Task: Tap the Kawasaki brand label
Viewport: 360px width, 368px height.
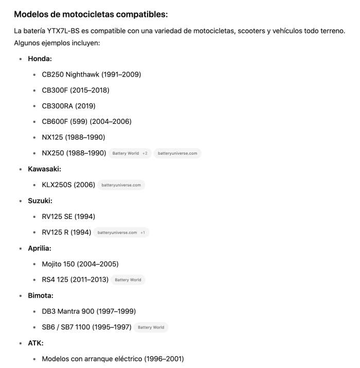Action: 44,169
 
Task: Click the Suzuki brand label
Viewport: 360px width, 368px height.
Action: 41,200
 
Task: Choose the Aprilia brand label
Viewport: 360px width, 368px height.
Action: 40,248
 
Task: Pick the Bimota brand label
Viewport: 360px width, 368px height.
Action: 41,296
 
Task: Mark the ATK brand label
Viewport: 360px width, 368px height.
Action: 35,343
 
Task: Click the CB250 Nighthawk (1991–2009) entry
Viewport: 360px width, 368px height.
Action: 91,75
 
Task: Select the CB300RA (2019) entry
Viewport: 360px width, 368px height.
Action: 68,106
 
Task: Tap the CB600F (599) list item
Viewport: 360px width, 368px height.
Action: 86,121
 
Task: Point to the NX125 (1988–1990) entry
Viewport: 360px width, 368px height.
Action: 73,137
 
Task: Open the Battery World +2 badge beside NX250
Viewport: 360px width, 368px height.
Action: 130,153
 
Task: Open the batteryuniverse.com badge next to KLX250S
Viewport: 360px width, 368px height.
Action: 121,185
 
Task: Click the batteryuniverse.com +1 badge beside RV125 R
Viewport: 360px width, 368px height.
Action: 121,232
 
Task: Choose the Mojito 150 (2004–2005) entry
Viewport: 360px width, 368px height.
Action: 80,264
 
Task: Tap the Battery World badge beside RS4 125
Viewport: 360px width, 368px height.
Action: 128,280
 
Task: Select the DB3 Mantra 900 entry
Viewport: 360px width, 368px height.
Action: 88,311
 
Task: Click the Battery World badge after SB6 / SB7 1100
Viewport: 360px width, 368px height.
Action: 151,327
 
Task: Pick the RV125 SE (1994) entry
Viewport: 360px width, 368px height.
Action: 68,216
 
